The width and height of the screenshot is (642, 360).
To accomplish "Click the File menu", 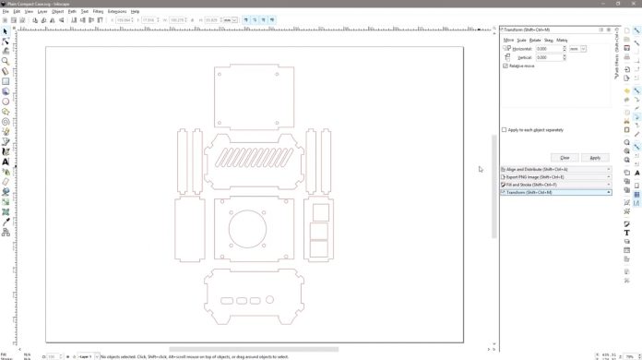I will click(x=5, y=11).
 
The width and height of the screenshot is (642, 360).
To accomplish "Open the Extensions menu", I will click(x=116, y=11).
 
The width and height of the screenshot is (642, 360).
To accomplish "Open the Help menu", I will click(x=136, y=11).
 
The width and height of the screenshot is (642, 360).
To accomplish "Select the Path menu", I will click(x=71, y=11).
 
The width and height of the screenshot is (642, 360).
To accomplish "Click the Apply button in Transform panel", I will click(x=595, y=157).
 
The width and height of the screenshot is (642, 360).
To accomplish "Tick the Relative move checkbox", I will click(x=505, y=66).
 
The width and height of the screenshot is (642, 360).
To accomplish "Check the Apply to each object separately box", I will click(x=505, y=129).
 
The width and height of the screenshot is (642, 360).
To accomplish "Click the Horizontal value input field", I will click(x=550, y=48).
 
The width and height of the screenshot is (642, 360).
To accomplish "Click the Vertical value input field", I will click(x=550, y=57).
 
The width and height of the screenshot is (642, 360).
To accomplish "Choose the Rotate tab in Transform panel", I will click(x=535, y=40).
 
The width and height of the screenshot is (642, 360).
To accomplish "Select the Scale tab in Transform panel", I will click(x=522, y=40).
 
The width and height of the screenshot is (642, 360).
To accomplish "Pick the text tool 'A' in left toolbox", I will click(x=6, y=162).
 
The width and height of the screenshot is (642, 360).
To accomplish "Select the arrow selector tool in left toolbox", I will click(x=6, y=30).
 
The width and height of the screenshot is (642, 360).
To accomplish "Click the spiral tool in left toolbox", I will click(x=6, y=121).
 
